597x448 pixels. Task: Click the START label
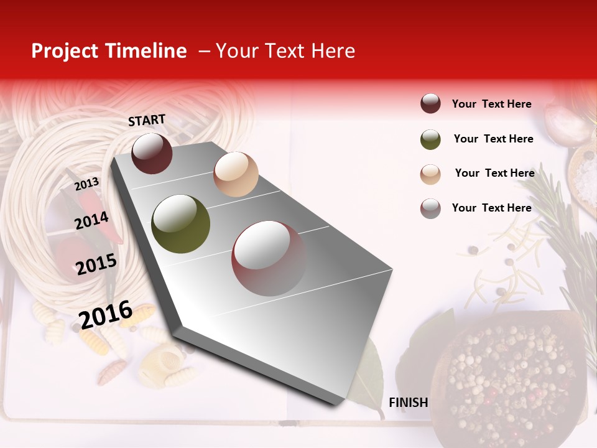[x=147, y=119]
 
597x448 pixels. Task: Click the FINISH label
[x=409, y=403]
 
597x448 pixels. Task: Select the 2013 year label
[x=87, y=184]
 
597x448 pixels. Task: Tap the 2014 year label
[x=92, y=220]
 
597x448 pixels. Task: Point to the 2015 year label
[x=96, y=264]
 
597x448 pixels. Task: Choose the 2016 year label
[x=106, y=314]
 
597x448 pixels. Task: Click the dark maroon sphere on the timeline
[x=152, y=153]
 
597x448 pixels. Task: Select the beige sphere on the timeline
[x=236, y=174]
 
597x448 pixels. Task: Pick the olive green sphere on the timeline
[x=181, y=224]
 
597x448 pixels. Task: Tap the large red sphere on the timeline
[x=269, y=258]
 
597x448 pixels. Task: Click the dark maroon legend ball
[x=430, y=104]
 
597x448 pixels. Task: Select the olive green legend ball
[x=430, y=139]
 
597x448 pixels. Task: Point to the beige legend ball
[x=430, y=174]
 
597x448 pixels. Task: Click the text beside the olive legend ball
[x=494, y=139]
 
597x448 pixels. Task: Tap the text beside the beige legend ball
[x=495, y=173]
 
